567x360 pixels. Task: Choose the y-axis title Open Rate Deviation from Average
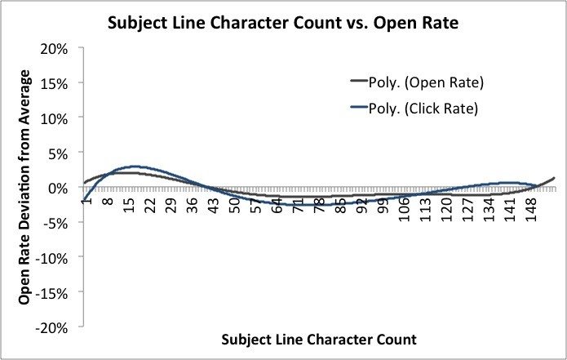tap(25, 188)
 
